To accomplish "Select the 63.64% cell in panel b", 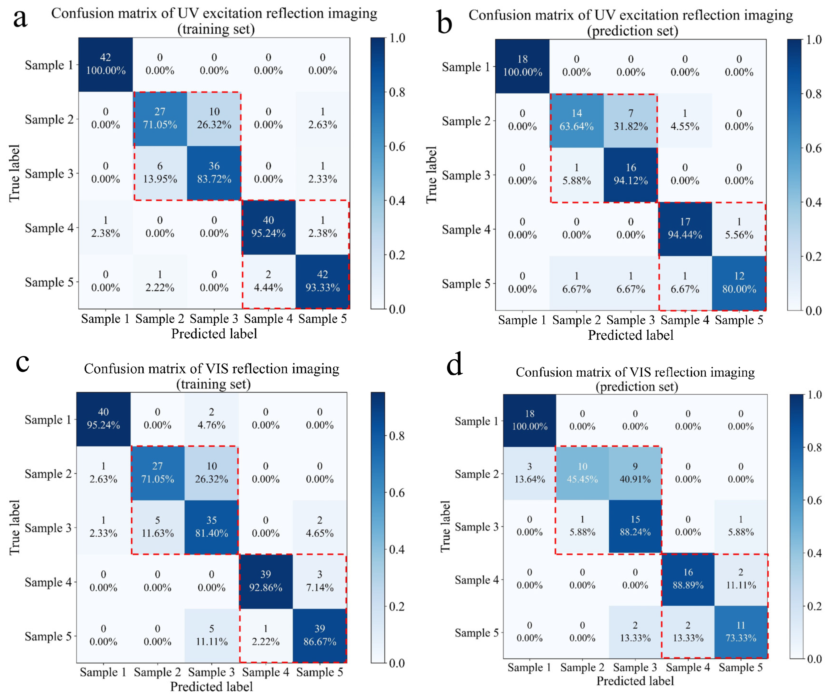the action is coord(577,120).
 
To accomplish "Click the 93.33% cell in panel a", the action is coord(322,281).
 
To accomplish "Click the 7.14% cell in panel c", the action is coord(320,581).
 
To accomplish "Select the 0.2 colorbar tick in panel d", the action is coord(814,606).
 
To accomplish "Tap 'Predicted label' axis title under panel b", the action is coord(630,335).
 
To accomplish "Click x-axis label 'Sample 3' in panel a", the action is coord(214,319).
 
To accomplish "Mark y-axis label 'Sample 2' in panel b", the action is coord(466,121).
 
